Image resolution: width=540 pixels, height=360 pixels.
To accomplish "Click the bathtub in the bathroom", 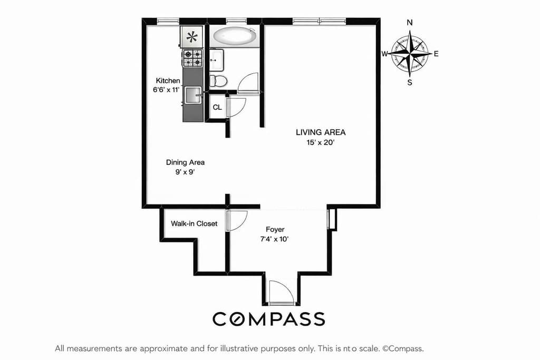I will click(x=235, y=36).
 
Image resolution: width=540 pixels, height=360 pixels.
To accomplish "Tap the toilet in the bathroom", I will click(x=218, y=81).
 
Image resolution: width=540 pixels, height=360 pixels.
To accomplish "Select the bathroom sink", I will click(x=217, y=60).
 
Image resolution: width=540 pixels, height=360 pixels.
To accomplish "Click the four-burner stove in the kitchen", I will click(x=192, y=58).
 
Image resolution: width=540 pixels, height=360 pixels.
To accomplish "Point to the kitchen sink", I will click(x=193, y=95).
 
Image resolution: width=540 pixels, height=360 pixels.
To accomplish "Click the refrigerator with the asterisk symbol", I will click(x=192, y=37).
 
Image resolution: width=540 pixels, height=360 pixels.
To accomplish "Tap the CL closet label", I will click(x=217, y=108).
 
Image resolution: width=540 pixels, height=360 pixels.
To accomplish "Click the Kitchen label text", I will click(x=168, y=81).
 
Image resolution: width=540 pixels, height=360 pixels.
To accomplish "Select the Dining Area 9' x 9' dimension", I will click(x=185, y=172).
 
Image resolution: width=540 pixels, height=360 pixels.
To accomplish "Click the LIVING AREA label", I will click(x=321, y=132).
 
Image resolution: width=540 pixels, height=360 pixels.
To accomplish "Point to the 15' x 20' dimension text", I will click(x=321, y=142).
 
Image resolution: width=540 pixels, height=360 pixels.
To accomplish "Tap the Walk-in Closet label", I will click(x=194, y=223).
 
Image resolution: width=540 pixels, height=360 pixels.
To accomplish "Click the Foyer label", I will click(x=275, y=229).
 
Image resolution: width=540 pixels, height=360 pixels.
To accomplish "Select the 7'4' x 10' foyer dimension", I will click(x=275, y=239).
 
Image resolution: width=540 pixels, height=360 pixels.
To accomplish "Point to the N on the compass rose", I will click(x=410, y=23).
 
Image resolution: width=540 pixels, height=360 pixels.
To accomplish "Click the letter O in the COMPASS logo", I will click(x=241, y=319).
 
